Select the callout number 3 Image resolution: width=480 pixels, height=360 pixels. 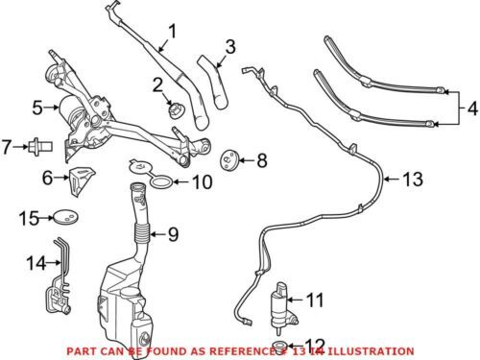pyautogui.click(x=229, y=46)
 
